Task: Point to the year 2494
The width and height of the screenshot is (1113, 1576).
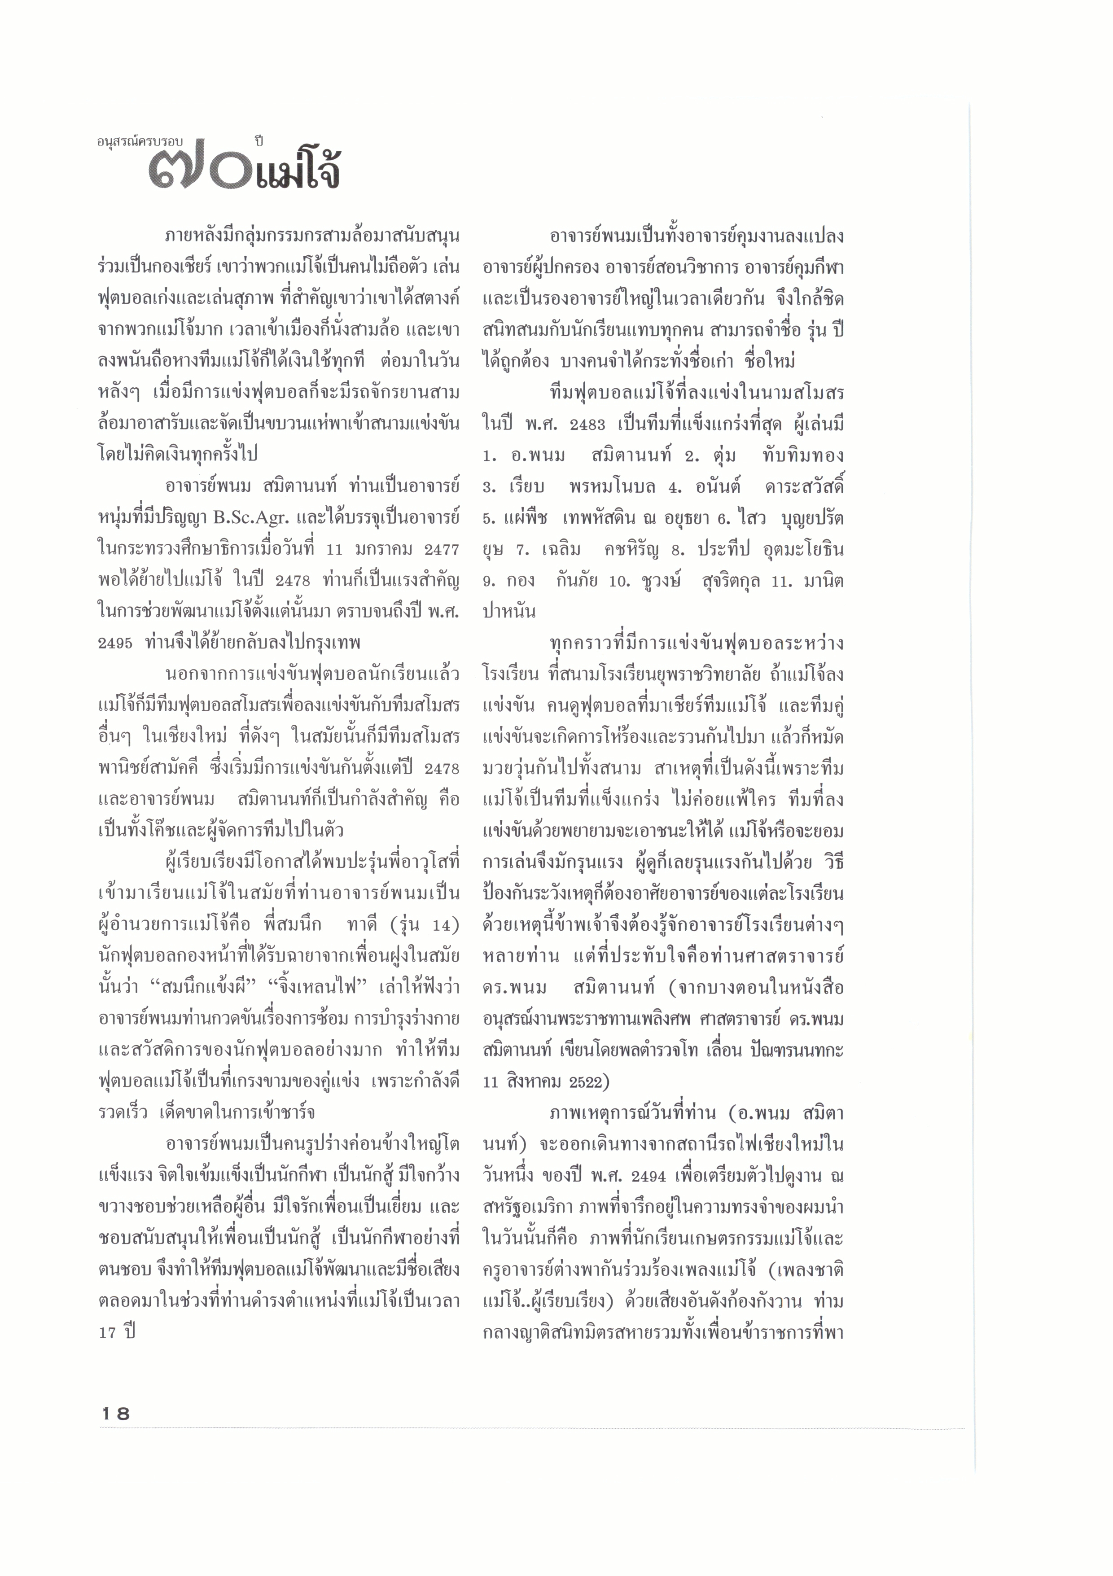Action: (x=648, y=1176)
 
